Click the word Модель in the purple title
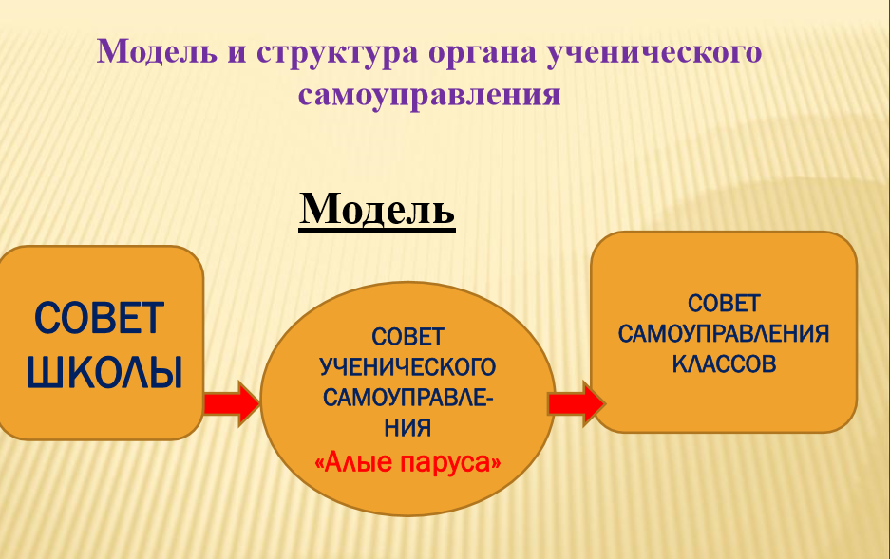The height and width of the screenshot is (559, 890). pos(157,51)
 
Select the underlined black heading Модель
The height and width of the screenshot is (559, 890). pos(377,209)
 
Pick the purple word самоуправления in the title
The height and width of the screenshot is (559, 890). pos(429,95)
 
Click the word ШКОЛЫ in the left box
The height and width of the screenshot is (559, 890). pos(105,373)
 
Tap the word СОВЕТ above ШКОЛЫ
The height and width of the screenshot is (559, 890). pos(100,318)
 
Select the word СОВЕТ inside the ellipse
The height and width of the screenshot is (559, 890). pos(407,337)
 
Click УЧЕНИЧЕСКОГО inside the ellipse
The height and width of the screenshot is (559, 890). pos(407,367)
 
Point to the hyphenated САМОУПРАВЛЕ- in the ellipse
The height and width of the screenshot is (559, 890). pos(408,398)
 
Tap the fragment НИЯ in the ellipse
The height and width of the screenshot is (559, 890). pos(407,427)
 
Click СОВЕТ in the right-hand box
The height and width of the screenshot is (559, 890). pos(724,304)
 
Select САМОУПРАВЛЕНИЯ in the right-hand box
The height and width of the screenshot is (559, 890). pos(724,334)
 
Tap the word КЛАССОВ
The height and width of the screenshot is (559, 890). pos(724,364)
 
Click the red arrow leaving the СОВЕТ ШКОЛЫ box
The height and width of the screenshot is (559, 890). pos(232,403)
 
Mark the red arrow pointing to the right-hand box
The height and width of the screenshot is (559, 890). pos(577,403)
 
